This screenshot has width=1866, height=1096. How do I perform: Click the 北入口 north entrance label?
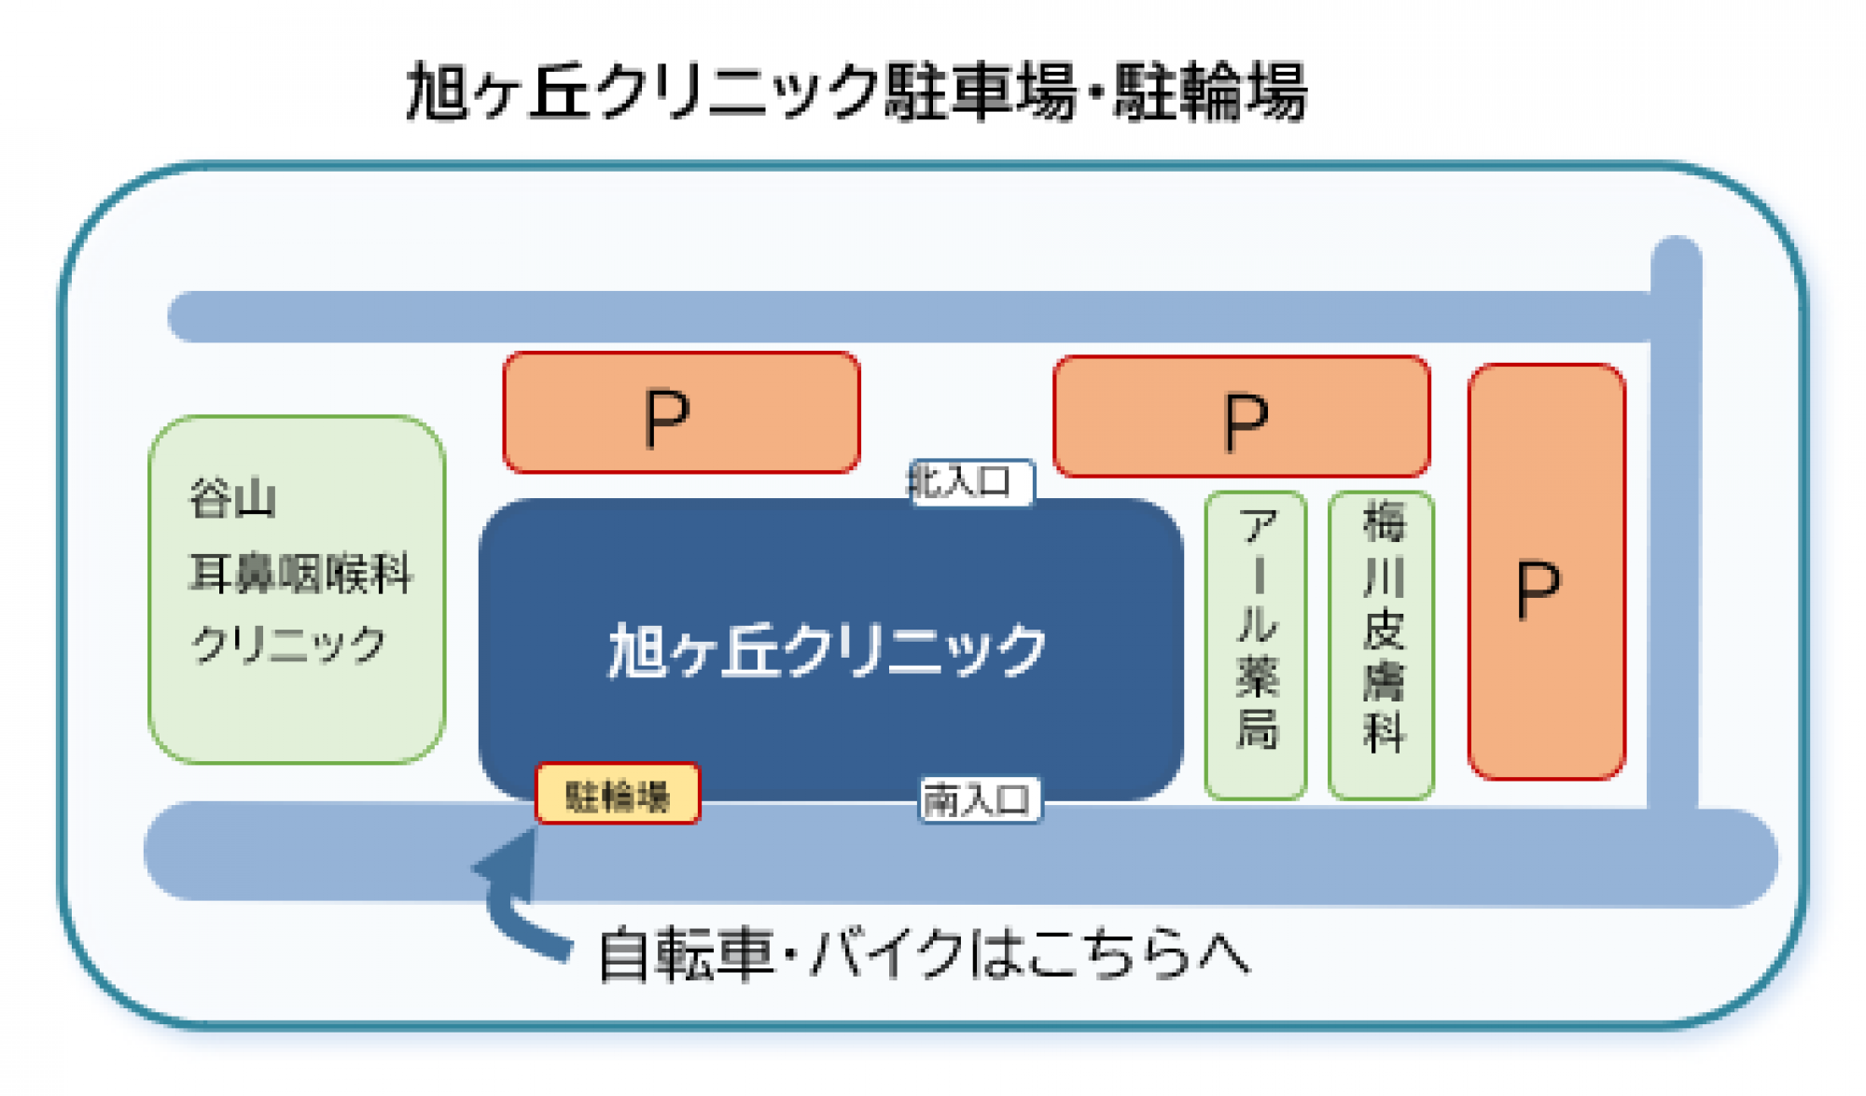coord(970,482)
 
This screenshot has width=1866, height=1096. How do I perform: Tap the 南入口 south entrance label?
coord(979,800)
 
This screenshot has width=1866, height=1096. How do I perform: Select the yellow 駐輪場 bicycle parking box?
coord(617,795)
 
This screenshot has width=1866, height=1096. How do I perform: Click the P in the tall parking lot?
coord(1538,590)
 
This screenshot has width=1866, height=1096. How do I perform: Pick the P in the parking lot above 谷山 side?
coord(667,419)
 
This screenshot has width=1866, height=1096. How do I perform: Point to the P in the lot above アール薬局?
coord(1245,423)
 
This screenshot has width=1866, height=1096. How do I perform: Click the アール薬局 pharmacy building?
coord(1256,644)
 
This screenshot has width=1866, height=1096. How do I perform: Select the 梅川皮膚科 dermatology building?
coord(1382,644)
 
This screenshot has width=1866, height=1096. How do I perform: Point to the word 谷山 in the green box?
coord(232,499)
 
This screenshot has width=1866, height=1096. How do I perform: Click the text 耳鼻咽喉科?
coord(299,573)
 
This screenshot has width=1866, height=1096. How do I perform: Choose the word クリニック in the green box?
coord(288,645)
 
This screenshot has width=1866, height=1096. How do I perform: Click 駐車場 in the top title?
coord(980,92)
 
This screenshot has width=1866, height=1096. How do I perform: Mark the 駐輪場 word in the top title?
coord(1210,92)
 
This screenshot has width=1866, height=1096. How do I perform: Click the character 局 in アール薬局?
coord(1256,728)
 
